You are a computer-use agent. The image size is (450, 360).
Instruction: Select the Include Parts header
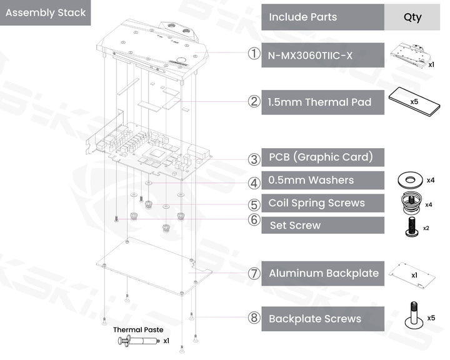tap(302, 17)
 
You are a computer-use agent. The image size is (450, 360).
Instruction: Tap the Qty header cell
tap(412, 17)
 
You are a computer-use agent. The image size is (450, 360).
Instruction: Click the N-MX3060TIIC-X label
tap(311, 55)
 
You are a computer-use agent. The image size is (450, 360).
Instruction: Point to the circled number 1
tap(254, 54)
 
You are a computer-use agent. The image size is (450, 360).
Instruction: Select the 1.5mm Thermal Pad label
tap(319, 102)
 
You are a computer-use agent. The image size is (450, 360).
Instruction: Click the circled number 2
tap(254, 102)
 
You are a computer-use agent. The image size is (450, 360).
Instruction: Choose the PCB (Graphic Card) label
tap(320, 157)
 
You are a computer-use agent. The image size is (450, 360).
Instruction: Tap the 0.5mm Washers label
tap(311, 181)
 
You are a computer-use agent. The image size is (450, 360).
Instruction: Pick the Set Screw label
tap(295, 225)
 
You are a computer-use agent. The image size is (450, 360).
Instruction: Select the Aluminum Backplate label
tap(324, 273)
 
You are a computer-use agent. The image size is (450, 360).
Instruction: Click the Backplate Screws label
tap(315, 319)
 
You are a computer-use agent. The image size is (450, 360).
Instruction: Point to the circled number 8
tap(254, 319)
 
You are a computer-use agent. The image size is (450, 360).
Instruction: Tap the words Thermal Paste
tap(138, 329)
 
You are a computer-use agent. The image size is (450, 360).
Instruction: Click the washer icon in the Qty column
tap(411, 181)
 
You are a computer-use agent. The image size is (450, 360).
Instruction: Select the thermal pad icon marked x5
tap(412, 102)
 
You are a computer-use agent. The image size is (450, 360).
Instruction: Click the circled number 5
tap(254, 204)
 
